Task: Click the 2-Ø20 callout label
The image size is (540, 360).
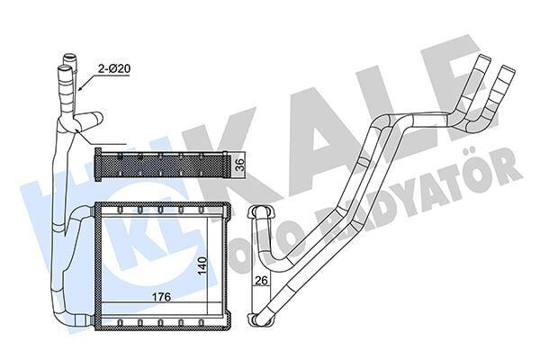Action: [x=112, y=67]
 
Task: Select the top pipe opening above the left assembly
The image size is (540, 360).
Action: [x=67, y=62]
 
